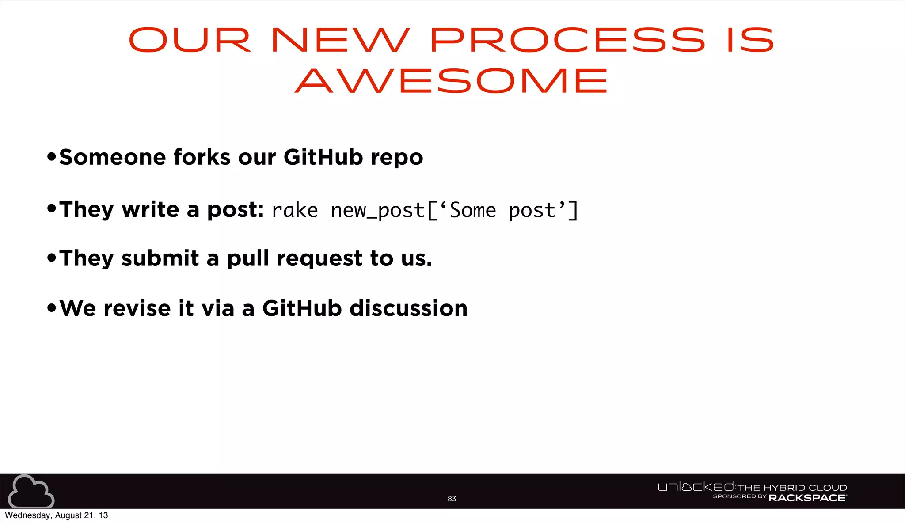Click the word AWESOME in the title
click(452, 81)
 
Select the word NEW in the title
click(340, 40)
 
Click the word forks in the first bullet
click(202, 157)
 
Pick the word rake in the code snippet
click(295, 210)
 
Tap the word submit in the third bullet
click(160, 258)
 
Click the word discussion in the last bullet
click(408, 308)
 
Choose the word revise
click(137, 308)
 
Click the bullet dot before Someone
click(52, 156)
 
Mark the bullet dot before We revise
click(52, 307)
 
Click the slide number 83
click(452, 499)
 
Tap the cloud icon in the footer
click(31, 491)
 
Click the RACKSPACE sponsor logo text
click(807, 498)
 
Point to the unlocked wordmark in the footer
click(696, 487)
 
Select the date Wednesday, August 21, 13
click(57, 515)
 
